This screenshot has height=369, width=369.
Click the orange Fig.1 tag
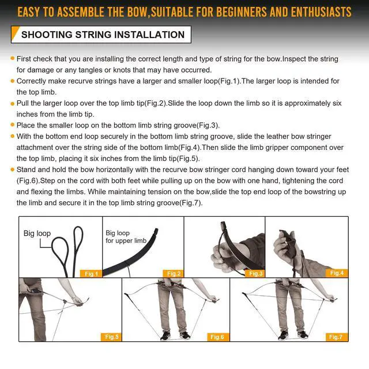click(91, 274)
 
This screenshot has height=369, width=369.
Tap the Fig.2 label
click(174, 273)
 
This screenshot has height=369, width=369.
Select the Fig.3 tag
click(255, 273)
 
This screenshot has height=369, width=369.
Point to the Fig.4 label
click(337, 273)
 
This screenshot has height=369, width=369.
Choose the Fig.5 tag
click(111, 337)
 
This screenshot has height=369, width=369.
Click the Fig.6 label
click(217, 337)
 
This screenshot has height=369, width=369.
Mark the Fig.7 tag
click(336, 337)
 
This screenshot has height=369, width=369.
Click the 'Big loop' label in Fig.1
click(37, 233)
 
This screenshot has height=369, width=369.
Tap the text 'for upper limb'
click(126, 240)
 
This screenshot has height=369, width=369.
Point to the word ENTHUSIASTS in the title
click(321, 12)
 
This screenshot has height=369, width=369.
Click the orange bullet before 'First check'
click(13, 58)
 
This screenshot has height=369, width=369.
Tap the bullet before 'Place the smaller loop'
click(13, 125)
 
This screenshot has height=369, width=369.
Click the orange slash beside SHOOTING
click(16, 33)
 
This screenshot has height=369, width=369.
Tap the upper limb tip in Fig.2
click(156, 231)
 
